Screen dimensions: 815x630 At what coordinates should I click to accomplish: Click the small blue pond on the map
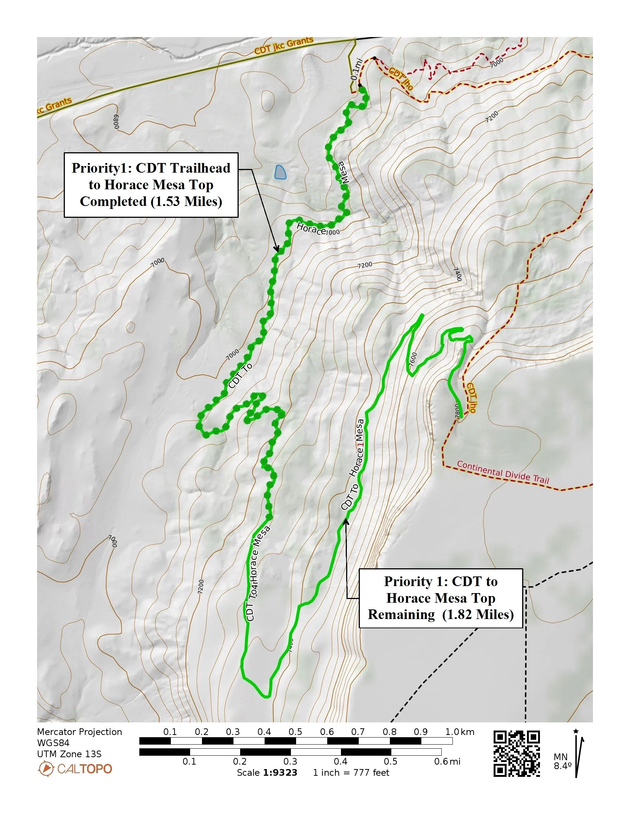click(280, 172)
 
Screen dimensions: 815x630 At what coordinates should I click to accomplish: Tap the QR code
click(517, 754)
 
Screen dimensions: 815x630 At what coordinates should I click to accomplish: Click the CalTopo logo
click(75, 769)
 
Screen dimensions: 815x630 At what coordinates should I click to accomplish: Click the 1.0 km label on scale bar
click(459, 732)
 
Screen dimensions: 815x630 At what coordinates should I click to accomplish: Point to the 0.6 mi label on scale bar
click(447, 761)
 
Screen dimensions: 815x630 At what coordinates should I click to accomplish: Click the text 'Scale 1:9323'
click(267, 772)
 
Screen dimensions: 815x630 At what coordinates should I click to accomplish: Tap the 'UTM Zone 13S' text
click(69, 754)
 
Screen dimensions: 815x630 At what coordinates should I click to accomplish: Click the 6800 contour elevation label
click(117, 121)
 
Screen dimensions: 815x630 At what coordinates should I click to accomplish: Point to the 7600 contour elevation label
click(413, 359)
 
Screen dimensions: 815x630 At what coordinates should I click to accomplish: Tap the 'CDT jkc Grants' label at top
click(283, 46)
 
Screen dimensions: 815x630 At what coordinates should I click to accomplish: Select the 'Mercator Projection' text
click(80, 732)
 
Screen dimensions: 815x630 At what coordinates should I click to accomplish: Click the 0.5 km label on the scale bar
click(295, 732)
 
